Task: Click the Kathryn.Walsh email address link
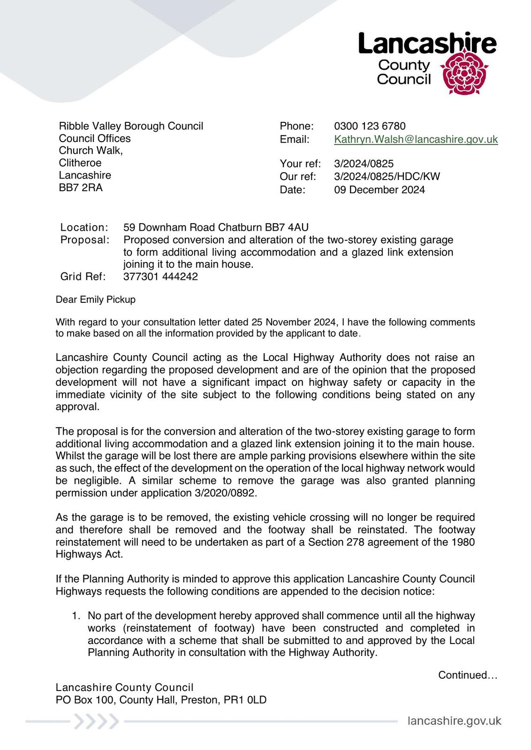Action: click(x=416, y=139)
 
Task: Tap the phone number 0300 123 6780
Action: click(x=370, y=126)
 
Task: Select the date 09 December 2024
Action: click(x=379, y=190)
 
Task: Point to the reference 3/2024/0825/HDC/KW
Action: click(x=387, y=177)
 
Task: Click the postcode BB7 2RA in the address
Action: click(x=81, y=187)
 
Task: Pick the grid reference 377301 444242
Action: click(x=160, y=277)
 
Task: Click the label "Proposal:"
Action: click(x=85, y=240)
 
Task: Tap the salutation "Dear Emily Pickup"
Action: click(x=96, y=300)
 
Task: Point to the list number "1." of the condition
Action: click(x=76, y=616)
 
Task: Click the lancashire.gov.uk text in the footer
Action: click(x=455, y=721)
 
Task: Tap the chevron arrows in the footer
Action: click(x=96, y=721)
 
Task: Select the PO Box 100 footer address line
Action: click(x=161, y=700)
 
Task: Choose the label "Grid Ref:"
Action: click(x=83, y=277)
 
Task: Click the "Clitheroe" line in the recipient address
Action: click(x=80, y=163)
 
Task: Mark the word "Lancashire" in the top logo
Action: click(x=427, y=44)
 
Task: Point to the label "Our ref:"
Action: click(x=298, y=177)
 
